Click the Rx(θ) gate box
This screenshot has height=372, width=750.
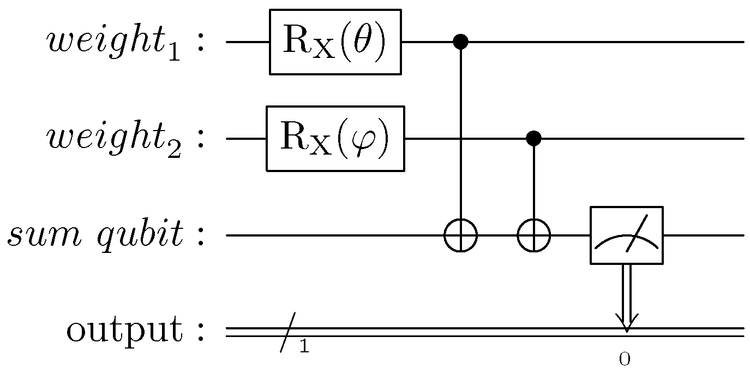click(335, 42)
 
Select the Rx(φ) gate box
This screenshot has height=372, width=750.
click(335, 139)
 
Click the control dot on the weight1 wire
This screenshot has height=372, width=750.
click(461, 42)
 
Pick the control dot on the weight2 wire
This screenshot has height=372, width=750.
click(533, 139)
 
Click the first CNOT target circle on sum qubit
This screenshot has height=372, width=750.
click(461, 235)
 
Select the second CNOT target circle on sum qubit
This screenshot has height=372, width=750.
click(533, 235)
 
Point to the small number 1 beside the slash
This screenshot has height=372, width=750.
click(304, 346)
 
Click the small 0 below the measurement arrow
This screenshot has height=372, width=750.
click(625, 359)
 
